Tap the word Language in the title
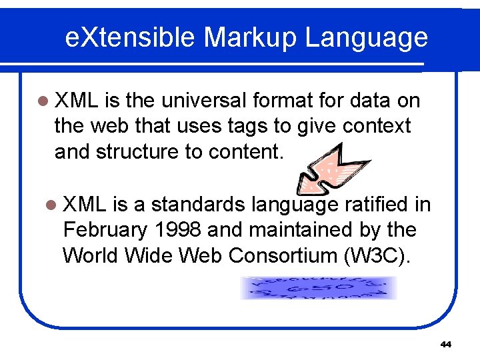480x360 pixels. (x=367, y=38)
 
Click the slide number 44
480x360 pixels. (x=446, y=345)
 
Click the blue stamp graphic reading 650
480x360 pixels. (x=318, y=288)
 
